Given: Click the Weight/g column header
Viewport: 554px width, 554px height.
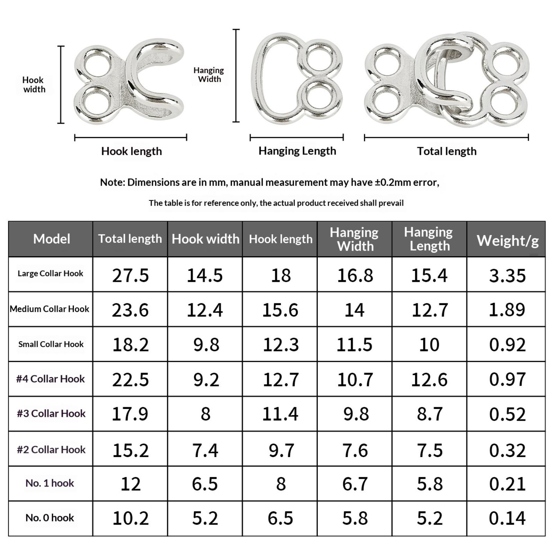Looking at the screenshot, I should click(507, 240).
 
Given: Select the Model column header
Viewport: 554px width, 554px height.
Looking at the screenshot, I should click(52, 239).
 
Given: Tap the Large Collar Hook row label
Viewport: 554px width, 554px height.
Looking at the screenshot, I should click(51, 274).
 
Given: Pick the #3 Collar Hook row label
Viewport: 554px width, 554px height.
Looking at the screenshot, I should click(51, 413).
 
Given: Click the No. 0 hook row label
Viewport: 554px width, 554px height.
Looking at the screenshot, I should click(50, 518).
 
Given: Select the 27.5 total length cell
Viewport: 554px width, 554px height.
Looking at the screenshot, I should click(130, 276).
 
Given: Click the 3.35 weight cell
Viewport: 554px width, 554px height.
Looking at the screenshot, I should click(507, 276).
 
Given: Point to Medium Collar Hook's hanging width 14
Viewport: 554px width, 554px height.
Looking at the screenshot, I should click(355, 310).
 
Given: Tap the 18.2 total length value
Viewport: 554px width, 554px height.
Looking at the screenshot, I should click(130, 345).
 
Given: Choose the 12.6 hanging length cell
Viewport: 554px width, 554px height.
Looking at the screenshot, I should click(429, 379).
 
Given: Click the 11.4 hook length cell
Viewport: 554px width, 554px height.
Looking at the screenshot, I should click(280, 414).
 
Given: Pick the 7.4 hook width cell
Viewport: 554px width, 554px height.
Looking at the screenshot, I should click(205, 450).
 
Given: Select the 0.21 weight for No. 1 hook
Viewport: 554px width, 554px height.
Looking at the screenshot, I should click(507, 484).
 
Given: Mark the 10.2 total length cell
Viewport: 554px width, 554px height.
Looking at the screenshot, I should click(130, 518).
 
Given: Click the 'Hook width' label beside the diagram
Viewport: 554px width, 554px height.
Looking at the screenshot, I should click(34, 85).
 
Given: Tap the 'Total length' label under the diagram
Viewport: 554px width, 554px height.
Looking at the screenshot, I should click(447, 151).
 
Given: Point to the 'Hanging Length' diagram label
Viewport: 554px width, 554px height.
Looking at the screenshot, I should click(297, 151).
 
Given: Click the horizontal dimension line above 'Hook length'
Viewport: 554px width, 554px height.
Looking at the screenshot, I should click(131, 137).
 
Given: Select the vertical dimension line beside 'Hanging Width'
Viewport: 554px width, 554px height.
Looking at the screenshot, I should click(236, 75).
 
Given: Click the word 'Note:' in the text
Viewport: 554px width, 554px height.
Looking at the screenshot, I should click(112, 182).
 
